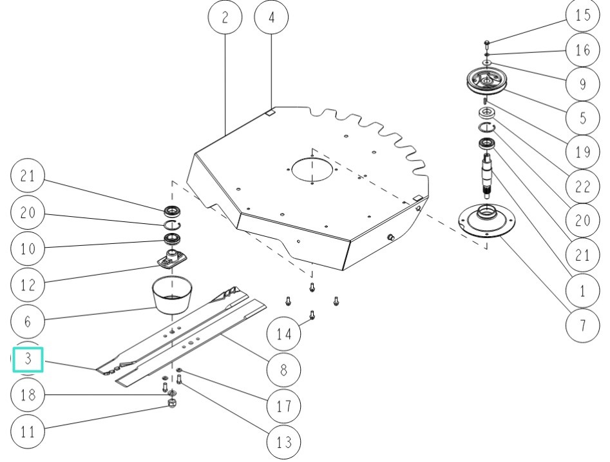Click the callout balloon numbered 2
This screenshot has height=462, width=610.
(225, 17)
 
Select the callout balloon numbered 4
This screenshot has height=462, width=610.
(271, 17)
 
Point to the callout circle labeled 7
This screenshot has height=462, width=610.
(582, 325)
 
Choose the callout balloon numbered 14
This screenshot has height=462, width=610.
(284, 334)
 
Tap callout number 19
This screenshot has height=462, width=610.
(582, 153)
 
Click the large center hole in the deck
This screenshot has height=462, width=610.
(312, 170)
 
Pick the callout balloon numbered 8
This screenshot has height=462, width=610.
(284, 370)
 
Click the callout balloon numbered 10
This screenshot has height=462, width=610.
(28, 248)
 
